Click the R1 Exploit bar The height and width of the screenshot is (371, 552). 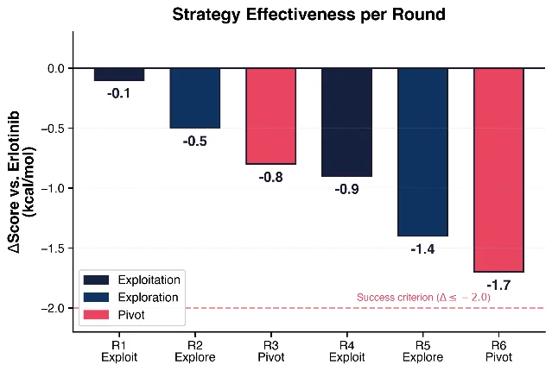(119, 74)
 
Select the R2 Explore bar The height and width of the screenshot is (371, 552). (195, 98)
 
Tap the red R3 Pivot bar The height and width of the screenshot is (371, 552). (270, 116)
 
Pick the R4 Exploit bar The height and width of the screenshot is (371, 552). (346, 123)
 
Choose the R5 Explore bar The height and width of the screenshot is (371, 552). (422, 152)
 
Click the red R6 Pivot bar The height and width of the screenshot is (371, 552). (498, 170)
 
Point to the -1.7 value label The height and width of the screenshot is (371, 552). (498, 286)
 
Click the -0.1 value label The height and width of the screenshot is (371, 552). (118, 93)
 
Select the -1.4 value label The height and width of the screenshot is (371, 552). (422, 249)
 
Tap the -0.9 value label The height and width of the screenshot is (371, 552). (346, 190)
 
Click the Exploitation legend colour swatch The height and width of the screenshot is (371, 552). (96, 280)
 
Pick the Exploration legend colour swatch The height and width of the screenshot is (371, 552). (96, 298)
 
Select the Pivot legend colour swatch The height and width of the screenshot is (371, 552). (96, 315)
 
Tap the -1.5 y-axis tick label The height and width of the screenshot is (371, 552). (54, 248)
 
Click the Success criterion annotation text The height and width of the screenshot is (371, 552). (423, 298)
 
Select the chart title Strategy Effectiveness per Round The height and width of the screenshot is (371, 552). (308, 15)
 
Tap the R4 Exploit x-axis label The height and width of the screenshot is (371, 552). (346, 351)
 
